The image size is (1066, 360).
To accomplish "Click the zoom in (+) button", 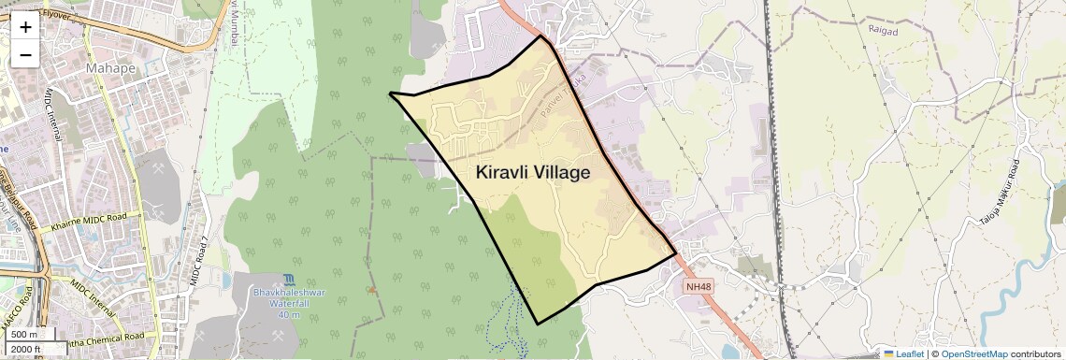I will pos(25,26).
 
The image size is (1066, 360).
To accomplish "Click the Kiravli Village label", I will pos(533,173).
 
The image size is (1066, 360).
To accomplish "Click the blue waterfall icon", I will pos(288,280).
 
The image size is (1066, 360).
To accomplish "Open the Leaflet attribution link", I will pos(903,353).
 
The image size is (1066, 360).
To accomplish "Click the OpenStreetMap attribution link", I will pos(973,353).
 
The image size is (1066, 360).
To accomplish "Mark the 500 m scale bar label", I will pos(25,334).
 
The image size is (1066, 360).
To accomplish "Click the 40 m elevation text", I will pos(288,315).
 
